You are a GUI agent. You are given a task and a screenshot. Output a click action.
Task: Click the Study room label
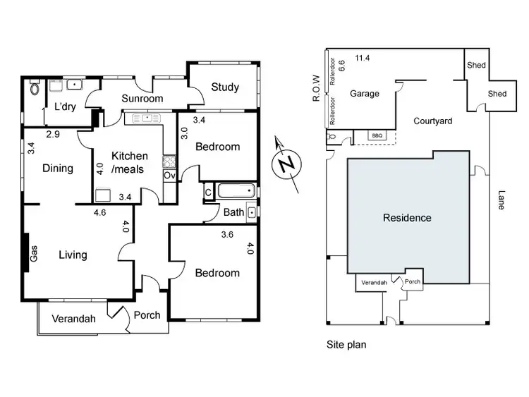[x=224, y=88]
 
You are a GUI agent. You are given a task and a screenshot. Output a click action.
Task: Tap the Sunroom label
[x=142, y=99]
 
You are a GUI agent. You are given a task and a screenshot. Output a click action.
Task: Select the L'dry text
[x=64, y=106]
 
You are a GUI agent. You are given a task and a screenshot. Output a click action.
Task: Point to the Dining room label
[x=58, y=169]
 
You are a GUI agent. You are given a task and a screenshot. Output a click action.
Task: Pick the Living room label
[x=73, y=255]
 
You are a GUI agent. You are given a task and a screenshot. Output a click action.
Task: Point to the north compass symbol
[x=286, y=164]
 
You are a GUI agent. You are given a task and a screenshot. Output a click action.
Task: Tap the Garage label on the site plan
[x=365, y=94]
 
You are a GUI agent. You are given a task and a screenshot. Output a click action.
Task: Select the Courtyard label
[x=432, y=121]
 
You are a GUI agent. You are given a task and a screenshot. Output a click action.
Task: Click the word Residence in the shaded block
[x=407, y=218]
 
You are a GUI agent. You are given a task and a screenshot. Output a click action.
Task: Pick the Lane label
[x=501, y=201]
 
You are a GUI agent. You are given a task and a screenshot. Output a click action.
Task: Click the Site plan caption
[x=346, y=346]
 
